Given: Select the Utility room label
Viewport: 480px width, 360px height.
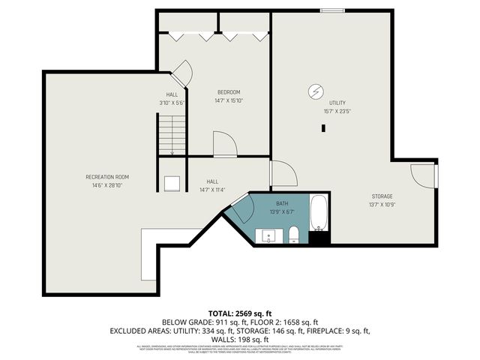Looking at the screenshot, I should tap(337, 102).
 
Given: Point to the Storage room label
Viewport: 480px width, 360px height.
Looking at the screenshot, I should tap(382, 196).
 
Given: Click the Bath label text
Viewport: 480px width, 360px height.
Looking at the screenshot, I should tap(282, 203).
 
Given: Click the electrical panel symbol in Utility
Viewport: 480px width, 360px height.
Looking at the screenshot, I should tap(313, 92).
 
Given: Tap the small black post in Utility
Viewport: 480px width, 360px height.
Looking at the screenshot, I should tap(323, 128).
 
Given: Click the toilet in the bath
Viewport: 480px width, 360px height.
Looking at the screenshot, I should tap(294, 235).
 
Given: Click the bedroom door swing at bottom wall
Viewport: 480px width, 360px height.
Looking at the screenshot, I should tap(224, 144).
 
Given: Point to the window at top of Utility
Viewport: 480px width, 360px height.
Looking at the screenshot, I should tap(331, 10).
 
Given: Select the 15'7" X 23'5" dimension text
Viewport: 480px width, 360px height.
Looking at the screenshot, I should tap(337, 110).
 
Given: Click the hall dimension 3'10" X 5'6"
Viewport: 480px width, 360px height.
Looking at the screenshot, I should tap(172, 102).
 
